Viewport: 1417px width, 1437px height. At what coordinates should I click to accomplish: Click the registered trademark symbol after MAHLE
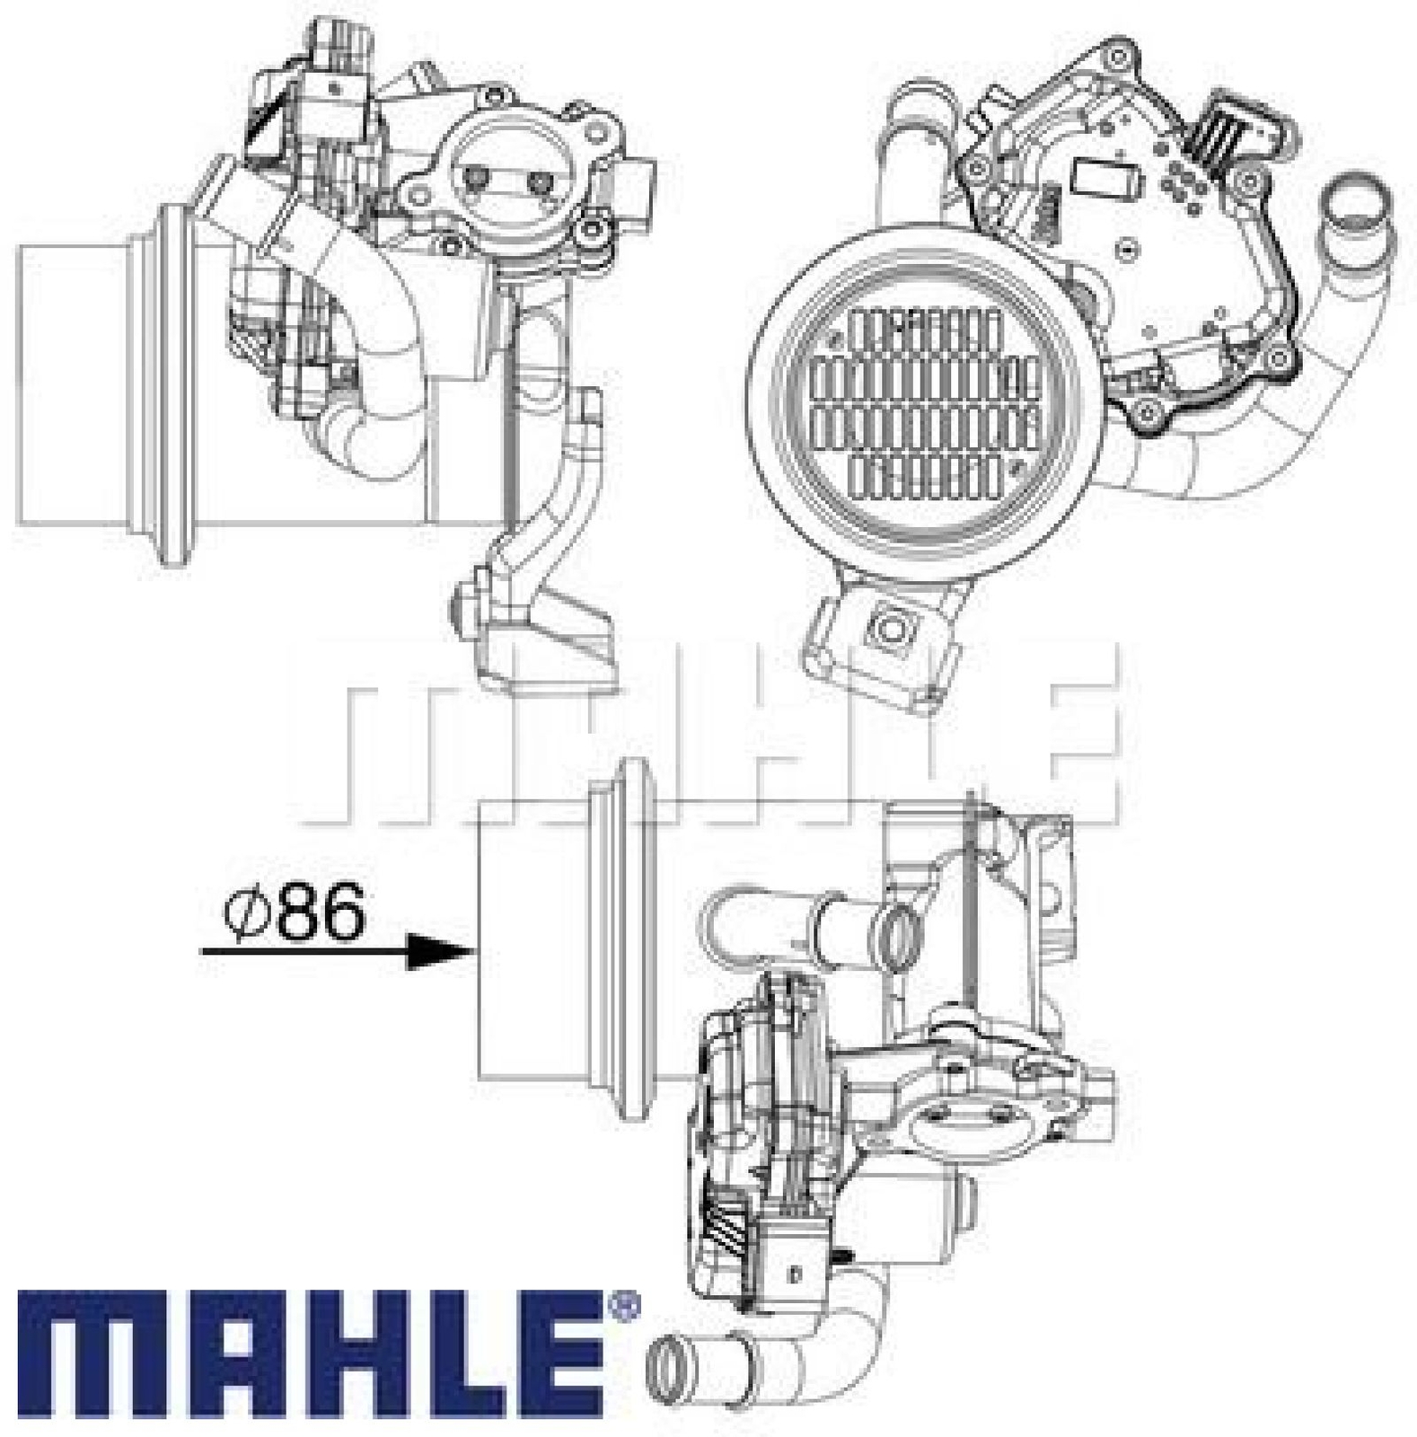tap(626, 1303)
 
